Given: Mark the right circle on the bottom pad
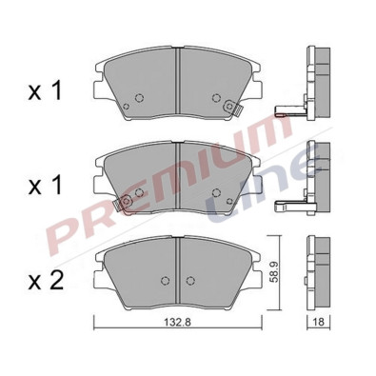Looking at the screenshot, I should [191, 281].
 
